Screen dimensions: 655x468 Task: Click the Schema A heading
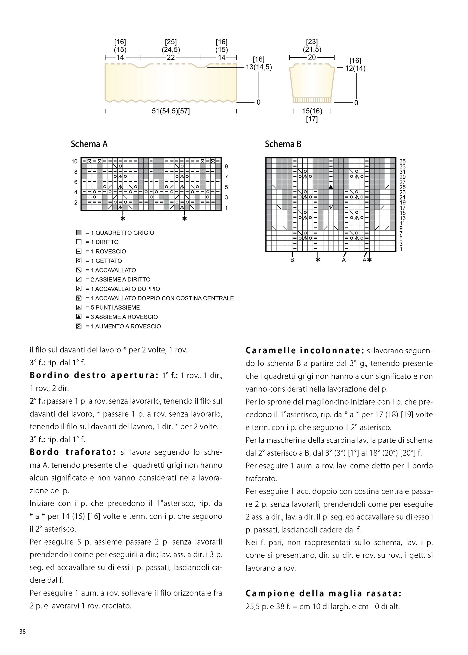pyautogui.click(x=89, y=144)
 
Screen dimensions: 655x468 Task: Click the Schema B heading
pyautogui.click(x=283, y=144)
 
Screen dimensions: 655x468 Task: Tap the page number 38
pyautogui.click(x=23, y=631)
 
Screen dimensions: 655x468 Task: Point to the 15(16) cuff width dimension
pyautogui.click(x=312, y=111)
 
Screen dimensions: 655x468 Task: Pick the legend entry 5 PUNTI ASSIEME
pyautogui.click(x=113, y=307)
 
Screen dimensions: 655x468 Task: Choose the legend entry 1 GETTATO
pyautogui.click(x=103, y=261)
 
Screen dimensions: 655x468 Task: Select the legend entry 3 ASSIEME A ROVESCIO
pyautogui.click(x=122, y=317)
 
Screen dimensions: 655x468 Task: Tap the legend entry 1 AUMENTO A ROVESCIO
pyautogui.click(x=123, y=326)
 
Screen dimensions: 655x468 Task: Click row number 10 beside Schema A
pyautogui.click(x=75, y=161)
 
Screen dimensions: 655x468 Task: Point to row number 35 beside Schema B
pyautogui.click(x=403, y=161)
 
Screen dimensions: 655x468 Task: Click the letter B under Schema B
pyautogui.click(x=292, y=260)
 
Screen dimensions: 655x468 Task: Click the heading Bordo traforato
pyautogui.click(x=73, y=452)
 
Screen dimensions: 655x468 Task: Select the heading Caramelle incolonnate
pyautogui.click(x=305, y=351)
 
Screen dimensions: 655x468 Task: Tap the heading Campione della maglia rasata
pyautogui.click(x=323, y=593)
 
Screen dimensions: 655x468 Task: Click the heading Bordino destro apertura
pyautogui.click(x=94, y=376)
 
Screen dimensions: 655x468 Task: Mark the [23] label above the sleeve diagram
pyautogui.click(x=312, y=42)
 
